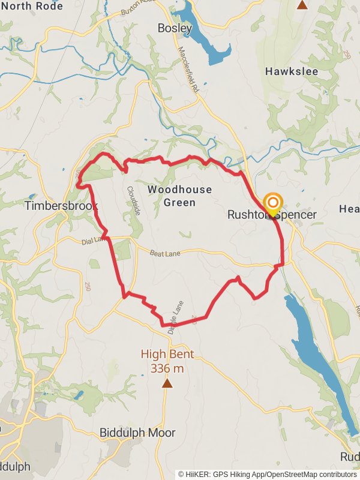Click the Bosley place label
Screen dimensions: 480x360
(x=175, y=28)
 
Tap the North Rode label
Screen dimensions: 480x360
(x=31, y=6)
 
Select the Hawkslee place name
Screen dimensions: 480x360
(x=292, y=71)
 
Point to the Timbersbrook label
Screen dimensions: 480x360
(x=61, y=206)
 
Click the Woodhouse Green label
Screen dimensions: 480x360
(x=179, y=196)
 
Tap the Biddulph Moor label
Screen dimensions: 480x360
(x=137, y=433)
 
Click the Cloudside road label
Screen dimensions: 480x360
(x=133, y=200)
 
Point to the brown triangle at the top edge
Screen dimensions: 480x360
(x=302, y=5)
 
